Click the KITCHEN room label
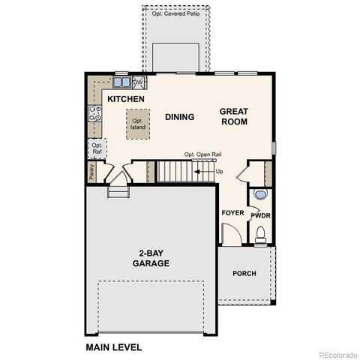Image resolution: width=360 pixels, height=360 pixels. click(x=125, y=99)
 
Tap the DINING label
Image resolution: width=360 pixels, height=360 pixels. click(x=180, y=117)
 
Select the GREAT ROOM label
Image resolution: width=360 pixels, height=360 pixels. click(x=233, y=116)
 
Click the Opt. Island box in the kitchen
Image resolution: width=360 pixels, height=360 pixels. click(x=137, y=123)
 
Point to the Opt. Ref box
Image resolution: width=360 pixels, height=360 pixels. click(x=97, y=148)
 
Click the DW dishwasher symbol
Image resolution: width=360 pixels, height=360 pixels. click(x=138, y=82)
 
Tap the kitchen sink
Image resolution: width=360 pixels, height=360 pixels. click(x=120, y=82)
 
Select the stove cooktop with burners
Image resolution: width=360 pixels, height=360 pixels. click(x=96, y=114)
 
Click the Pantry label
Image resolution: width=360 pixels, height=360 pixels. click(x=91, y=172)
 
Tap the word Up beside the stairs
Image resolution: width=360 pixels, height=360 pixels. click(x=219, y=172)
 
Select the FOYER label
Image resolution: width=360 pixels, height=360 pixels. click(x=232, y=213)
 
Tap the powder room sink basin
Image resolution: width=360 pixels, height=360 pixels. click(x=259, y=195)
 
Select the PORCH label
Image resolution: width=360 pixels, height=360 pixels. click(x=244, y=274)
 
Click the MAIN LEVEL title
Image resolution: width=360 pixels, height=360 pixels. click(x=113, y=347)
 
